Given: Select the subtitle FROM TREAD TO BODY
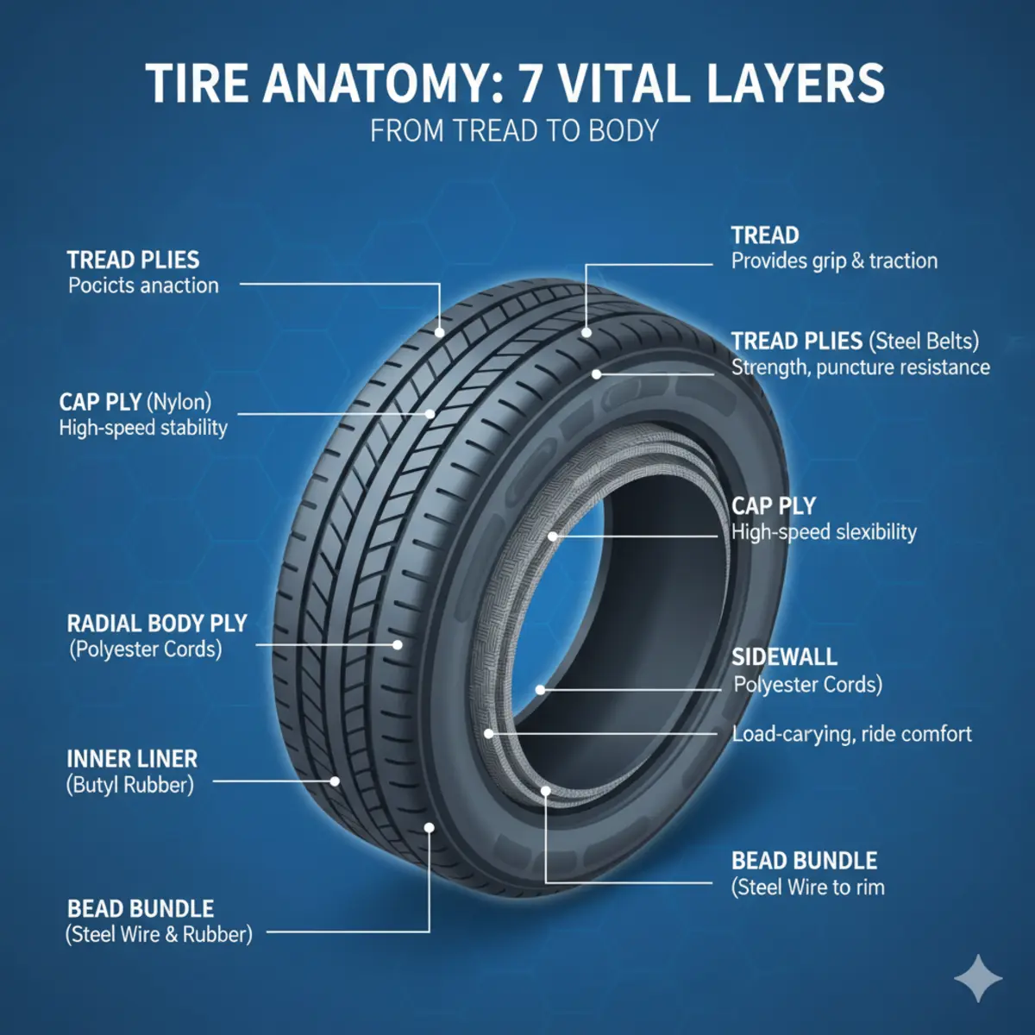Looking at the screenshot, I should point(515,131).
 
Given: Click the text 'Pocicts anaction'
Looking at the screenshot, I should point(143,285).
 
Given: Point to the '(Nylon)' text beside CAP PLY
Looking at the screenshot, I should point(179,402).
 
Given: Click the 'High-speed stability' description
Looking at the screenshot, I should point(143,428).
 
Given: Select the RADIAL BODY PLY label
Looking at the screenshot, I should point(157,624).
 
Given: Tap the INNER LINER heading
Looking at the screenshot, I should point(132,759).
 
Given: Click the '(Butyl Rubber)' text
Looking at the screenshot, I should point(130,785).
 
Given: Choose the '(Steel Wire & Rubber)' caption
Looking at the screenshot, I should point(159,934).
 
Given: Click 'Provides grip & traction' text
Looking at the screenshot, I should point(834,261).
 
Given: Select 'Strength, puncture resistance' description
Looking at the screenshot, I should point(860,367).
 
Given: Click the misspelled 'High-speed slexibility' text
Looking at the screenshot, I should point(824,532).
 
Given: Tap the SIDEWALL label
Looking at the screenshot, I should point(784,657).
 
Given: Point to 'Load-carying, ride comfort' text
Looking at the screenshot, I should point(851,734).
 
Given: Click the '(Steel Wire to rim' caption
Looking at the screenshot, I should point(808,888).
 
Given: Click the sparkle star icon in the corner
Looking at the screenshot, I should point(979,979).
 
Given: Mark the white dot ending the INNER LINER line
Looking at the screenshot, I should point(336,781).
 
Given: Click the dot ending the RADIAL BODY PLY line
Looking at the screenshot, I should point(398,644).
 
